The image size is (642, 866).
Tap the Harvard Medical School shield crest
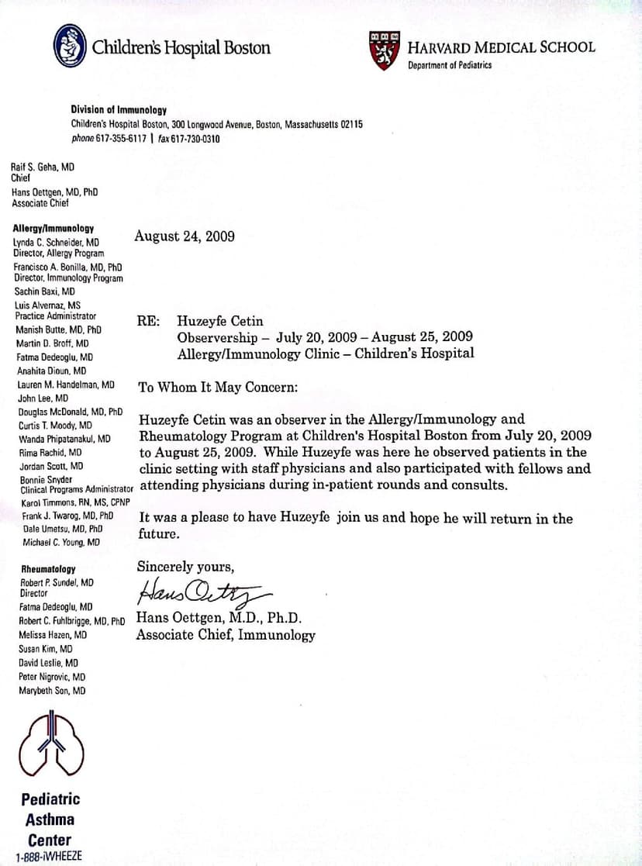tap(385, 51)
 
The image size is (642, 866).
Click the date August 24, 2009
tap(185, 236)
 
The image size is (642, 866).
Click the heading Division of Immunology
tap(119, 110)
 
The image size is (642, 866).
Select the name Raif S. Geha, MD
tap(43, 166)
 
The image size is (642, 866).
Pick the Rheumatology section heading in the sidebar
tap(48, 569)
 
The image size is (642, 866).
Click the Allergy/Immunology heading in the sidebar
tap(53, 229)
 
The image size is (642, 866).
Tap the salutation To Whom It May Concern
tap(217, 387)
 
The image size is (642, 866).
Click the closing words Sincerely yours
tap(185, 566)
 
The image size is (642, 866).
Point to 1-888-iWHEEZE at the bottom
tap(48, 857)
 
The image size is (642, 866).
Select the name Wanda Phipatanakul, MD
tap(64, 439)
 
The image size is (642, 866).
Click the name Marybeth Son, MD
tap(52, 690)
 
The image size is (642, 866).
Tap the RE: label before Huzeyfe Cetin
tap(149, 321)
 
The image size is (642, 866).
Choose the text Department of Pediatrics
tap(450, 65)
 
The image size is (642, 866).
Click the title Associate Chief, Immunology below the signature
tap(226, 635)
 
